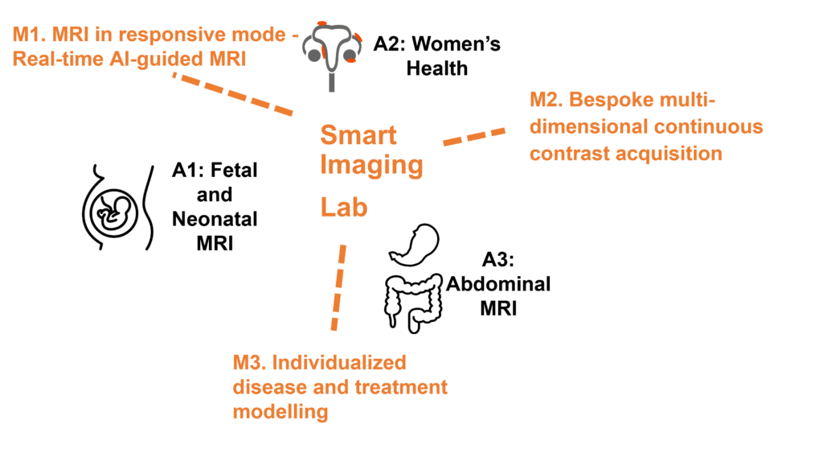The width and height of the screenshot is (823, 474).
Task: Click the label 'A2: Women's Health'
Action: (436, 55)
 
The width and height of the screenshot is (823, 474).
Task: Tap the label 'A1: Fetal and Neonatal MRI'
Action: (215, 206)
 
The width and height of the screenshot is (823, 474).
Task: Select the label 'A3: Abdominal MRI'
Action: (498, 284)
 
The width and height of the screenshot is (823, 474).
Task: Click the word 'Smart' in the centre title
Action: (358, 134)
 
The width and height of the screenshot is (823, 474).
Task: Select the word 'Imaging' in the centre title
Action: (371, 166)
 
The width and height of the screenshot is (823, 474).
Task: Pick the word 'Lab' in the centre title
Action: (344, 207)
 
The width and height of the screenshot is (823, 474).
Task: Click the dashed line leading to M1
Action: (233, 94)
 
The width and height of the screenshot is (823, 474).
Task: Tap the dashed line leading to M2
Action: (475, 135)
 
